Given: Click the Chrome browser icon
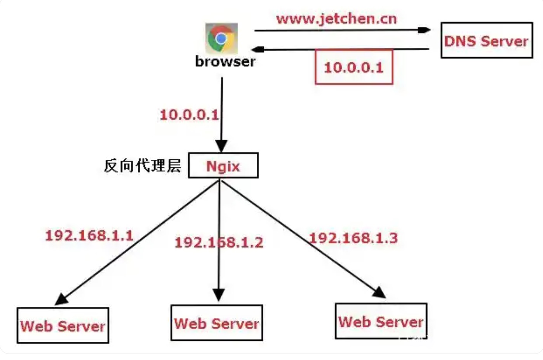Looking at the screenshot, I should (221, 38).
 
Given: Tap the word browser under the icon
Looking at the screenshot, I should (225, 61).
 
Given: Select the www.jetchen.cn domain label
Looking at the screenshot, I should (336, 19).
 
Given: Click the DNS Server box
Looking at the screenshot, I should (486, 40).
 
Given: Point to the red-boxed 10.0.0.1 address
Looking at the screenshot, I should (353, 67).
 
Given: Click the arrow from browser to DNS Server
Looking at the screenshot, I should (342, 30).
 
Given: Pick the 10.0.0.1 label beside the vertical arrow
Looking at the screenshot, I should (189, 114).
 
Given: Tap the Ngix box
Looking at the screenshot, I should (223, 166).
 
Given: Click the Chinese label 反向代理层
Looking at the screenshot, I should (142, 166).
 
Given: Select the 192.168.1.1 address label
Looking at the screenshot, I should (89, 235).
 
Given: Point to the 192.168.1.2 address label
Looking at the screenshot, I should (219, 243).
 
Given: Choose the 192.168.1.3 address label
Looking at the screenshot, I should (353, 238).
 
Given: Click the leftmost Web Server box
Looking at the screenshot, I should (63, 325).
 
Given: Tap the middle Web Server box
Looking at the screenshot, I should (217, 323).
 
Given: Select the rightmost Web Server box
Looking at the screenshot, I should (381, 321).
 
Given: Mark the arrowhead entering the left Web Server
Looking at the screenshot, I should (61, 299).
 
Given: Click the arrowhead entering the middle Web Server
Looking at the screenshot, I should (219, 295).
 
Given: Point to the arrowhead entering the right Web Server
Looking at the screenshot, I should (379, 292).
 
